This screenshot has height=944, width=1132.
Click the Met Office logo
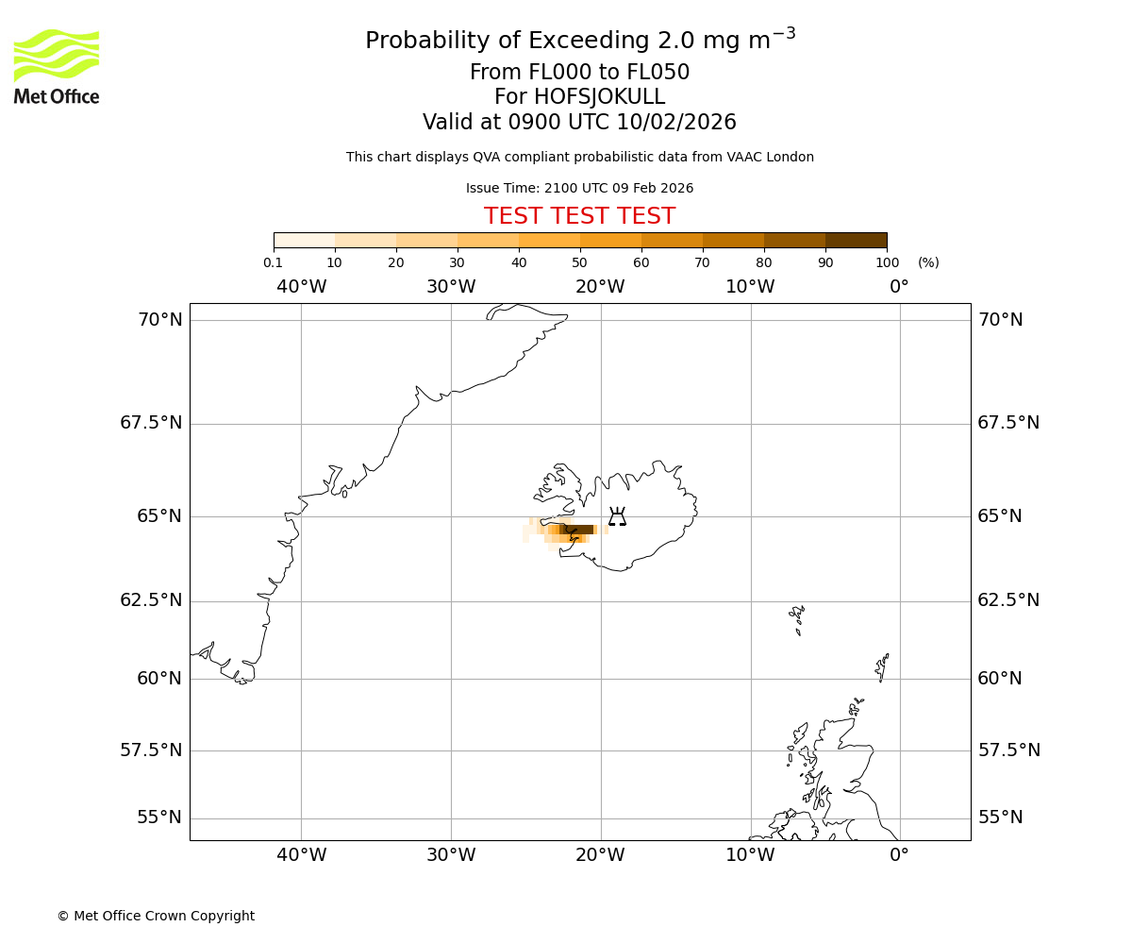(57, 66)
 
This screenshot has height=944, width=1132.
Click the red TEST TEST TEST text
(579, 216)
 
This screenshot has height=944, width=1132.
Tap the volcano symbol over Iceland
(617, 516)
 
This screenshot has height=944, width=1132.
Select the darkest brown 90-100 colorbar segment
(856, 240)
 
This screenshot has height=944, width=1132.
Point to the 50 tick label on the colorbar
(579, 262)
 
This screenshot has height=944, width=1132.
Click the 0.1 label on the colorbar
(273, 262)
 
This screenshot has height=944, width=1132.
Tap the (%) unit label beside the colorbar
(928, 262)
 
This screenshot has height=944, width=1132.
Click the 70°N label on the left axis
(160, 320)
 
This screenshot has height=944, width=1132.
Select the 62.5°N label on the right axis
(1007, 600)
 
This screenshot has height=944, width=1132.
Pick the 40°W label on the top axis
(301, 286)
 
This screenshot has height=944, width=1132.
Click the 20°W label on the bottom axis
(600, 855)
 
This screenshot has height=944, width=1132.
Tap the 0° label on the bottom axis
(899, 855)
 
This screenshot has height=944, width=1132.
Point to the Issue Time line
(579, 188)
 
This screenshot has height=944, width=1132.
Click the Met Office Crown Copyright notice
(156, 916)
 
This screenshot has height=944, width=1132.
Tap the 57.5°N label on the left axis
(151, 750)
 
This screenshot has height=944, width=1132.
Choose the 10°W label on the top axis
(750, 286)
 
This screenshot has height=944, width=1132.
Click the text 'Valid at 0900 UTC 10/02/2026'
(579, 122)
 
